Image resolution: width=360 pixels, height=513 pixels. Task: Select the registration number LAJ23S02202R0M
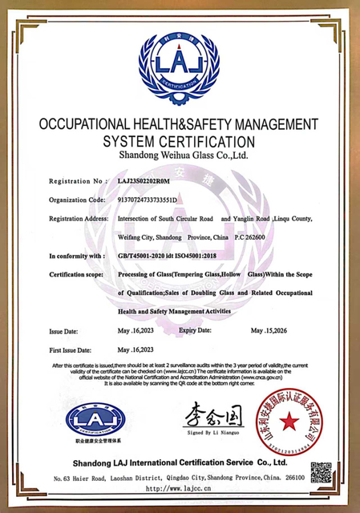pos(151,181)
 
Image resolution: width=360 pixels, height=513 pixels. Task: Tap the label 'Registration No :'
pos(78,181)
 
